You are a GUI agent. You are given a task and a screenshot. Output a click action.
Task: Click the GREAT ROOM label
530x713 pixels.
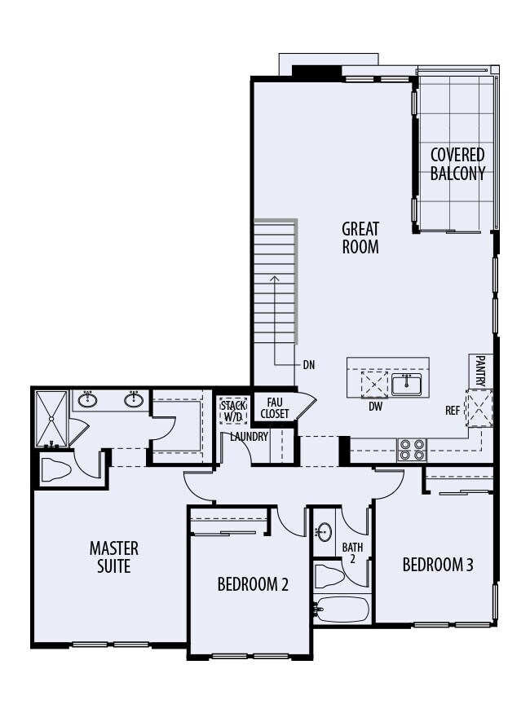tap(360, 237)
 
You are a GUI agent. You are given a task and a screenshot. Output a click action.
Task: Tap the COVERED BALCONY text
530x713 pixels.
tap(457, 164)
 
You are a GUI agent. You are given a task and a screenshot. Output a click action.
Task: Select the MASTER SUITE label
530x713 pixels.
tap(114, 557)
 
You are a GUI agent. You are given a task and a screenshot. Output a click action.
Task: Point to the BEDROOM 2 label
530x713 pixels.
tap(253, 584)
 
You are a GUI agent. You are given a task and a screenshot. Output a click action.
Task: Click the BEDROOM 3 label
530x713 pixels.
tap(438, 565)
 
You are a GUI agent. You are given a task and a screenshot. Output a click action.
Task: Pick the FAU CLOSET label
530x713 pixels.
tap(274, 408)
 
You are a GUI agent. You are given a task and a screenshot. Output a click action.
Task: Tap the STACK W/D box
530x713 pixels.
tap(232, 410)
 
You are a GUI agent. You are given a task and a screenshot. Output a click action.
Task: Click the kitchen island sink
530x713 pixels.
tap(405, 384)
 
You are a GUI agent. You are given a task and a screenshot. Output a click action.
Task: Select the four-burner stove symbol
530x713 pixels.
tap(412, 450)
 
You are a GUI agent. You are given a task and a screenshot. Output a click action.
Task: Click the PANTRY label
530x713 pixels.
tap(480, 371)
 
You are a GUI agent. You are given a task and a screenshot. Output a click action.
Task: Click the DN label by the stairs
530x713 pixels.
tap(308, 365)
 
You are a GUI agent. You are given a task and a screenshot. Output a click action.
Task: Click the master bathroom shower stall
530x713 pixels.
tap(51, 418)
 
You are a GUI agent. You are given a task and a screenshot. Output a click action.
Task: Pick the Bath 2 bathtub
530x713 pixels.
tap(342, 609)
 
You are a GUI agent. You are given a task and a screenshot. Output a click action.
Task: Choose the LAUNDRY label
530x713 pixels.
tap(250, 437)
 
